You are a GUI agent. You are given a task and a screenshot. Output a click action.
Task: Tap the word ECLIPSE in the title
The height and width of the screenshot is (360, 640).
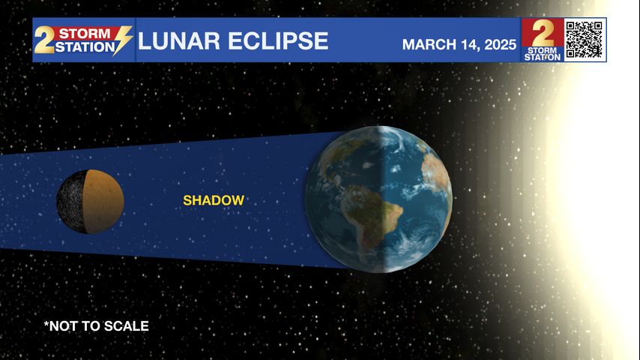[278, 40]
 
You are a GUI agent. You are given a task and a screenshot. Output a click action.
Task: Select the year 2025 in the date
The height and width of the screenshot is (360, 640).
[501, 44]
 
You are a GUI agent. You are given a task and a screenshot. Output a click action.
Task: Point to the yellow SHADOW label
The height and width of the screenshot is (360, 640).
[214, 200]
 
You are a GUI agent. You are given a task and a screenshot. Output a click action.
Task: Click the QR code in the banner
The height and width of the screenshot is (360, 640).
[584, 40]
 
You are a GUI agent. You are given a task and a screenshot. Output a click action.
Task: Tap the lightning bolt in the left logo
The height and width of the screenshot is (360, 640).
[122, 40]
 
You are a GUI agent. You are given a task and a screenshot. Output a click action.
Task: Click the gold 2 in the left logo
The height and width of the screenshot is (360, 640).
[43, 40]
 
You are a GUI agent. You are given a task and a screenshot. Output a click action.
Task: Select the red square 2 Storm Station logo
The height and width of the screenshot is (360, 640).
[543, 40]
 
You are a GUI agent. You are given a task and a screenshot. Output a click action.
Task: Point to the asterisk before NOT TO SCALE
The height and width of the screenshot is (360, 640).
[46, 324]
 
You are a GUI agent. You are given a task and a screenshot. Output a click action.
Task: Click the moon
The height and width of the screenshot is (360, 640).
[90, 202]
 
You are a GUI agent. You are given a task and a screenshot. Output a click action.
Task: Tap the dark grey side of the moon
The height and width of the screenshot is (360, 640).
[71, 202]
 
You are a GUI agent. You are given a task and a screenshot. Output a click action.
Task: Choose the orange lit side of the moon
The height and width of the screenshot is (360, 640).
[103, 202]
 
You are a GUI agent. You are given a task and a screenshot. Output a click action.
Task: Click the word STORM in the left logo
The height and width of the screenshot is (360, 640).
[85, 33]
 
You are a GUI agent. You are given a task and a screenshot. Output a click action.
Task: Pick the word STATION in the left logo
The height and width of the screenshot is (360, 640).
[85, 47]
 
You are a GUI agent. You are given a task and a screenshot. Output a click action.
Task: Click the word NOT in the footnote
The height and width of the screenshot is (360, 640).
[63, 326]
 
